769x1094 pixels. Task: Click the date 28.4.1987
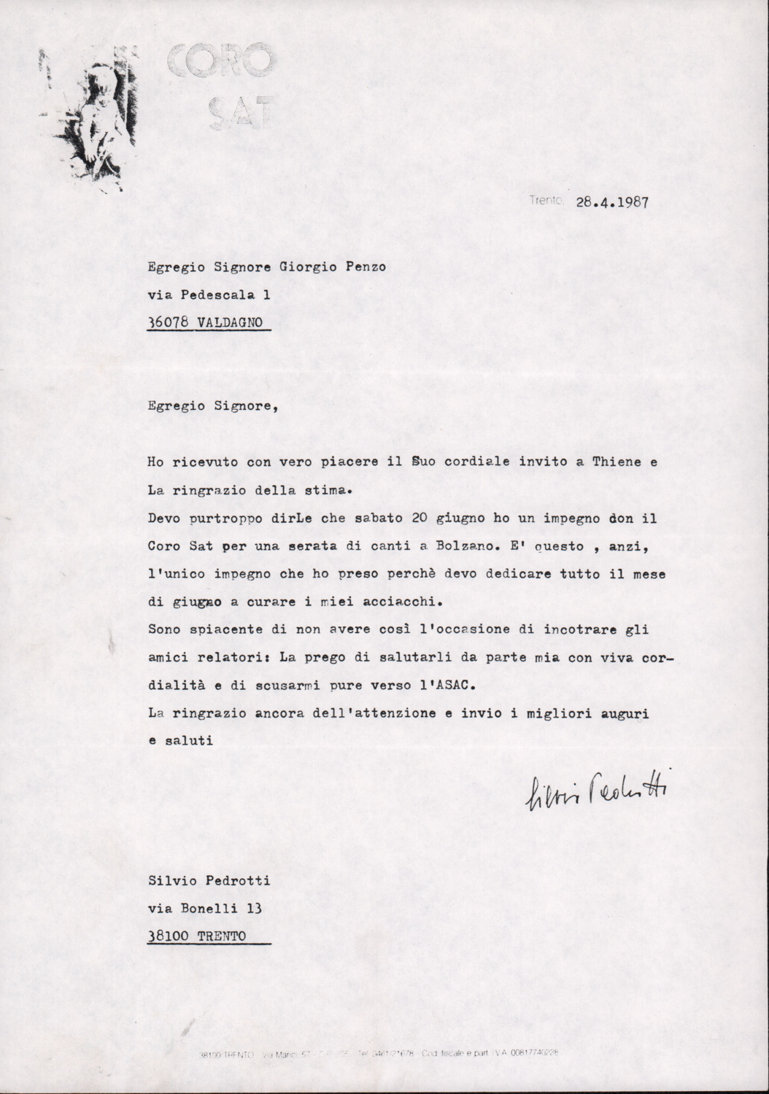[x=612, y=203]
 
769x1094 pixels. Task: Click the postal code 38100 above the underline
[x=166, y=936]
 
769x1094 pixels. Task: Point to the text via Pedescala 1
[x=201, y=295]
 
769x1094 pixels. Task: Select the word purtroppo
[x=219, y=519]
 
